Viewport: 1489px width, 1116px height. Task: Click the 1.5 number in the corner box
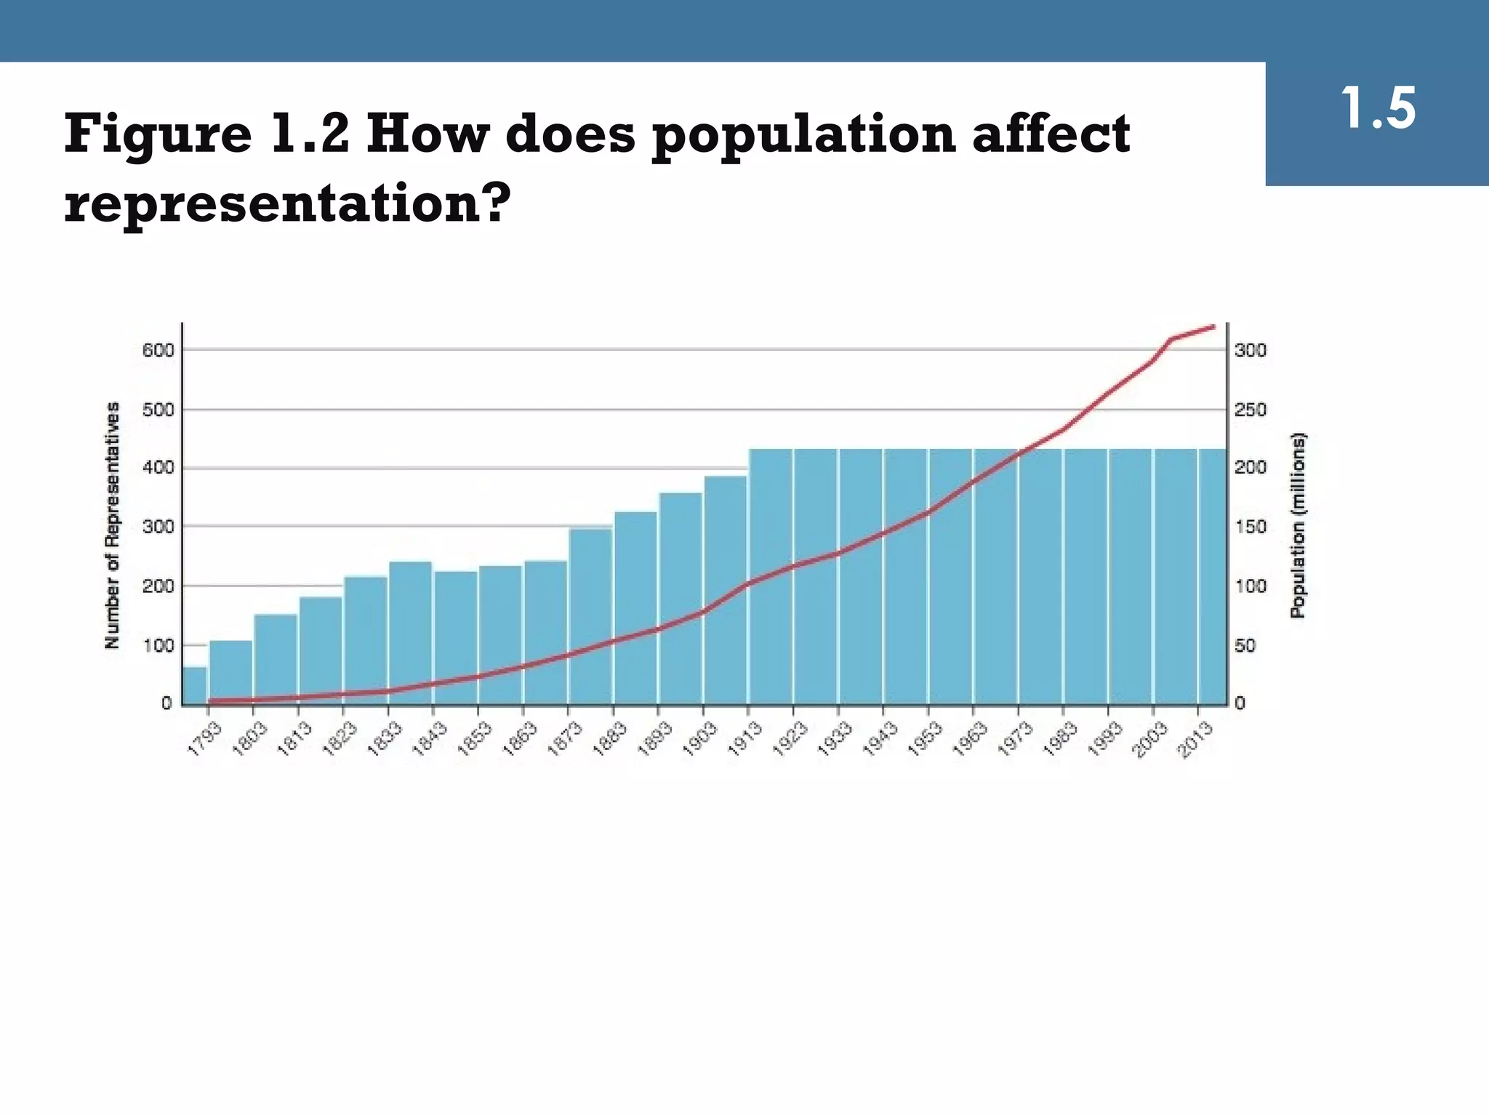point(1377,110)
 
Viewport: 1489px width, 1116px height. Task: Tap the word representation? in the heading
point(284,203)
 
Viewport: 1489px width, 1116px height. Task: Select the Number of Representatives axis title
point(112,525)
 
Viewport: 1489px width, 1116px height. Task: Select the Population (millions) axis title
point(1298,525)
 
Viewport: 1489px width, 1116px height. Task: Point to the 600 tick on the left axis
point(158,350)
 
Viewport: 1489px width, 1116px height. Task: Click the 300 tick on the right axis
point(1251,350)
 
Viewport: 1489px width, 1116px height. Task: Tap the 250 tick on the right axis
point(1251,410)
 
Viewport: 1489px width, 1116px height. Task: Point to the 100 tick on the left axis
point(158,645)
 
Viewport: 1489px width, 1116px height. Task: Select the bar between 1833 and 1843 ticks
point(411,632)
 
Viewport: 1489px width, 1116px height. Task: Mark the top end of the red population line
point(1213,327)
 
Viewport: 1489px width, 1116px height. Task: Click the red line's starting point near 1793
point(212,701)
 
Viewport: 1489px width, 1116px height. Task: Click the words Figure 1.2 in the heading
point(207,135)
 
